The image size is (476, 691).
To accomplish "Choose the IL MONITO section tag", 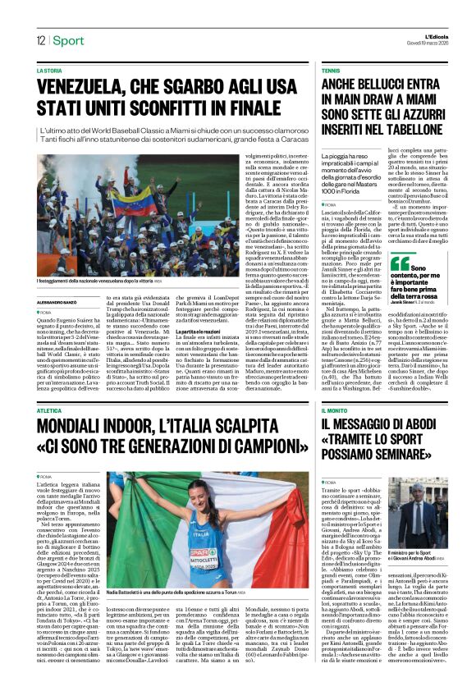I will (338, 410).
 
